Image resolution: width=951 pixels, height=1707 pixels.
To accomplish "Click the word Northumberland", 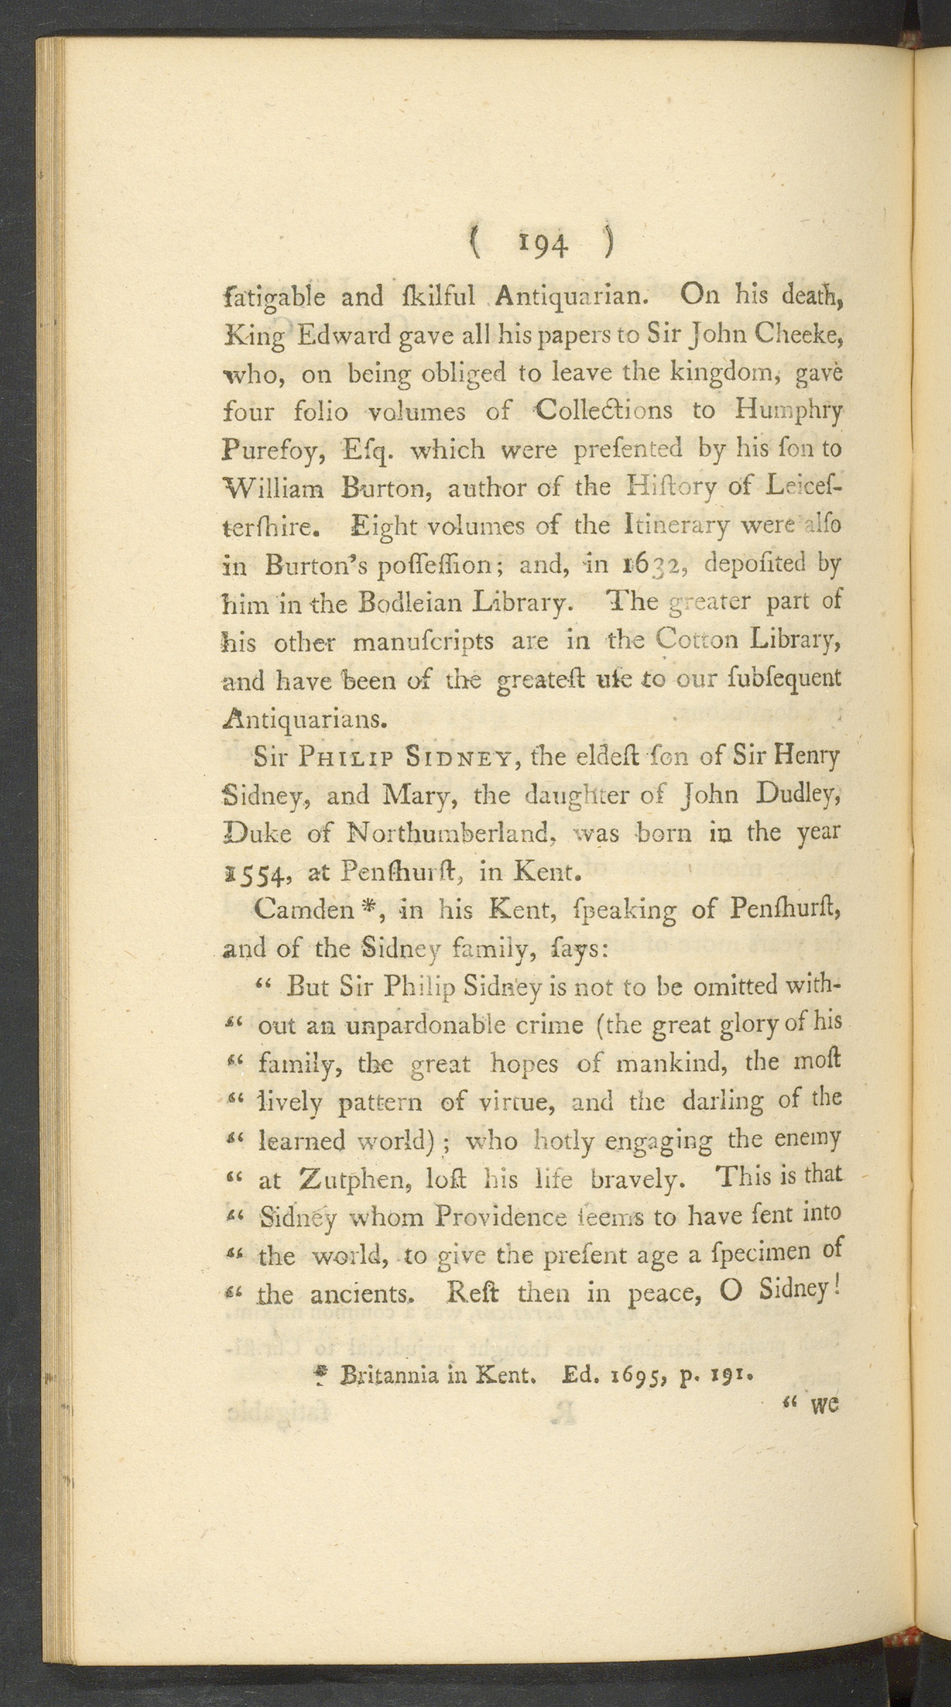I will [450, 834].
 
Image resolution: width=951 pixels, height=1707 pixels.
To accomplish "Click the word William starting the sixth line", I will [273, 488].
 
